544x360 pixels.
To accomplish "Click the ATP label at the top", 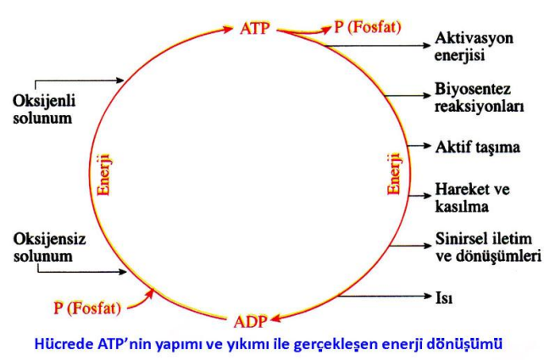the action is click(x=254, y=29).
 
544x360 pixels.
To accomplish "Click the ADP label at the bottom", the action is click(x=251, y=322).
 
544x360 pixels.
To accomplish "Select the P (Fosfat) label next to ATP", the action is click(x=368, y=27).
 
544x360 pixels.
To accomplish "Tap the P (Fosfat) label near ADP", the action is click(x=87, y=308).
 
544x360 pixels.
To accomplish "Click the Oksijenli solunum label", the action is click(x=44, y=109).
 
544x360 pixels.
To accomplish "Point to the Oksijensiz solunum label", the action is click(x=49, y=247).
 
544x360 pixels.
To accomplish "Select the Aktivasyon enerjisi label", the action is click(x=474, y=47).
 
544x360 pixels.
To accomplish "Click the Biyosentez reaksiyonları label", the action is click(x=479, y=97).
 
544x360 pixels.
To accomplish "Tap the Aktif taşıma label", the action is click(x=478, y=147).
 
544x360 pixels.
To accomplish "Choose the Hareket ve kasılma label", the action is click(x=472, y=197).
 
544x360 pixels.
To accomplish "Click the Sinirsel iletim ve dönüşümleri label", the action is click(x=488, y=247).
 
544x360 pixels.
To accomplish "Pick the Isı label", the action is click(x=444, y=297).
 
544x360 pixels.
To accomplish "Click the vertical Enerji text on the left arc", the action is click(x=104, y=175).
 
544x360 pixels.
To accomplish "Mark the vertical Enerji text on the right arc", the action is click(x=395, y=174).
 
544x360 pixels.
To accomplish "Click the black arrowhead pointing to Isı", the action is click(x=427, y=296).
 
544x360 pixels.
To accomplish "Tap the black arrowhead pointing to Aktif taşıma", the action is click(x=427, y=146).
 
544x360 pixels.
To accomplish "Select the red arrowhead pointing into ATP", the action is click(x=228, y=29).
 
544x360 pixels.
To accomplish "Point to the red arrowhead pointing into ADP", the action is click(x=276, y=318).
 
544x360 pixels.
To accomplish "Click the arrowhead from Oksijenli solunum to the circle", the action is click(x=119, y=80).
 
